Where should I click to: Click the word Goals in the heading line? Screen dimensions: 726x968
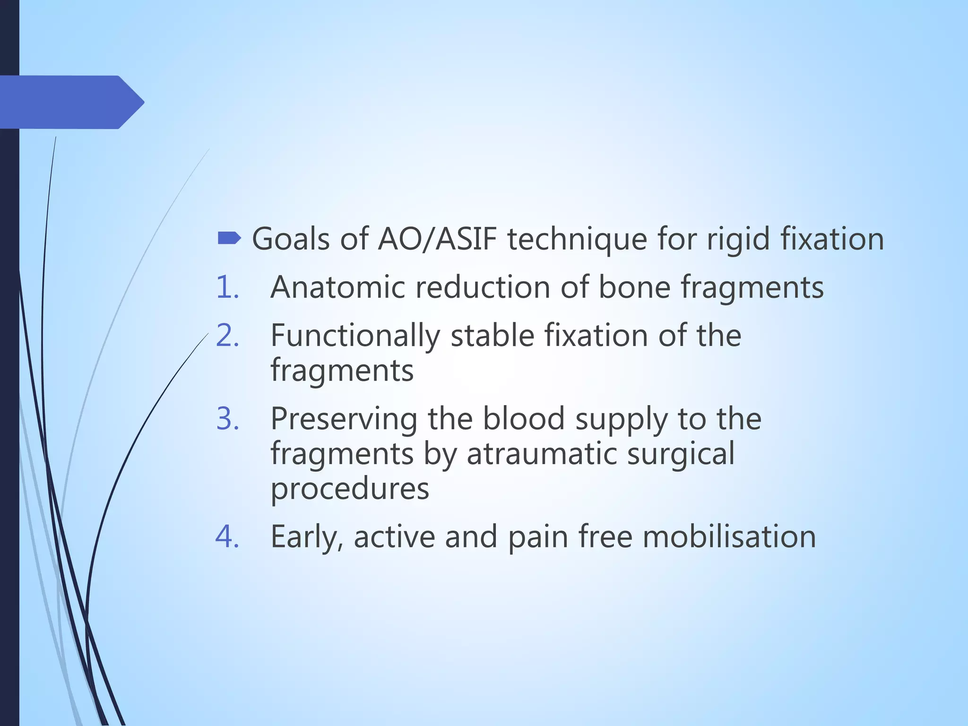pyautogui.click(x=291, y=239)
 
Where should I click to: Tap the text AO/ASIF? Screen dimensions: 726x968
pyautogui.click(x=437, y=239)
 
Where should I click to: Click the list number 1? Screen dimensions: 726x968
pyautogui.click(x=227, y=287)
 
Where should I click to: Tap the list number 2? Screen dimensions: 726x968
pyautogui.click(x=227, y=336)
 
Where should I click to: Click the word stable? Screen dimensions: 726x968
pyautogui.click(x=492, y=336)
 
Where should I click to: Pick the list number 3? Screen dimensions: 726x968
pyautogui.click(x=227, y=419)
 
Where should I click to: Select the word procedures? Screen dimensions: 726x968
pyautogui.click(x=350, y=489)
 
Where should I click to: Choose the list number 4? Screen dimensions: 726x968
pyautogui.click(x=227, y=536)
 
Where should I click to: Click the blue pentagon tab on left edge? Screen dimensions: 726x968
pyautogui.click(x=71, y=102)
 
